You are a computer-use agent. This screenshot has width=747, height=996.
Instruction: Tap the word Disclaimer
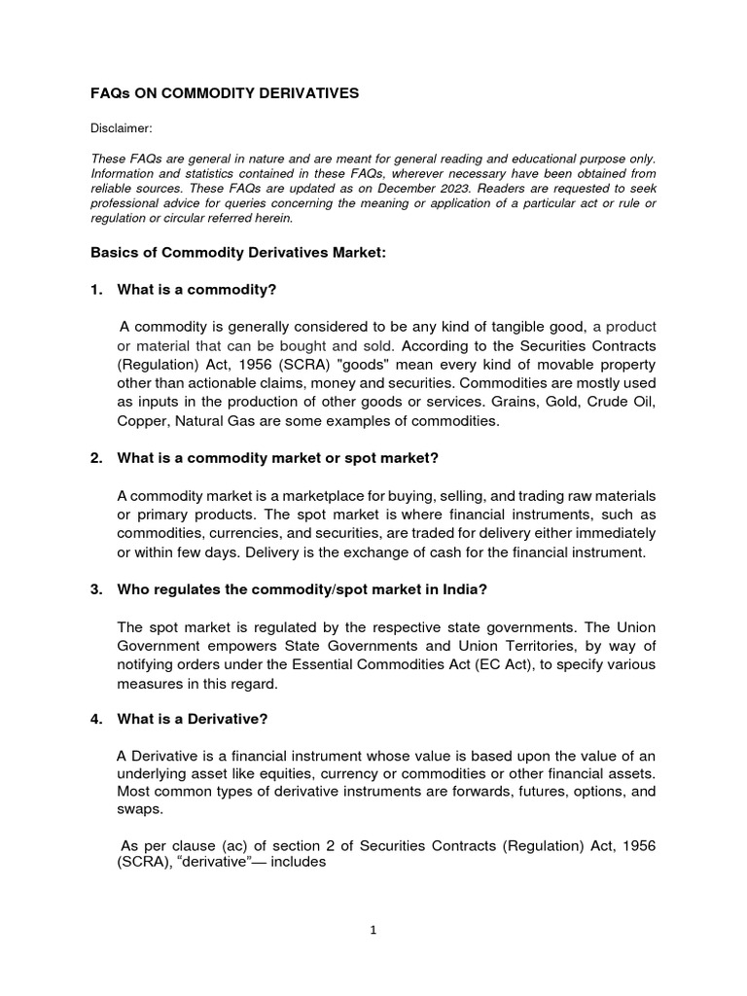pos(122,127)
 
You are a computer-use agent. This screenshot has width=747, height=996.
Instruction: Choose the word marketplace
pos(319,496)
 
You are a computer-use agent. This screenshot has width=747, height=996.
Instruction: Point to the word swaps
pos(140,809)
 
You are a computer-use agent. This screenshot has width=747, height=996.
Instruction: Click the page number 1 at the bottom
pos(373,930)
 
